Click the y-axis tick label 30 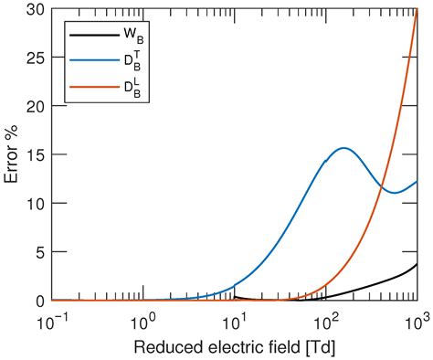(35, 8)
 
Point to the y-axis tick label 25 (35, 57)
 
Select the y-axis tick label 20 (35, 105)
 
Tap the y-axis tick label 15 (35, 154)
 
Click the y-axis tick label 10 (35, 203)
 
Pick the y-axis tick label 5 (39, 251)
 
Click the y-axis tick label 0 (39, 301)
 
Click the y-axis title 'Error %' (12, 154)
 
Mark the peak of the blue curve (343, 148)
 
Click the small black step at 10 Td (234, 296)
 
